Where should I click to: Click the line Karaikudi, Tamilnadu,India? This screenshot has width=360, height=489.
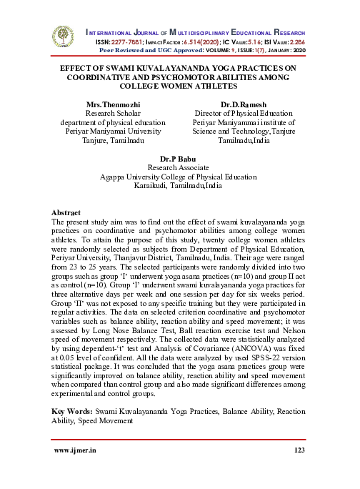coord(179,184)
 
